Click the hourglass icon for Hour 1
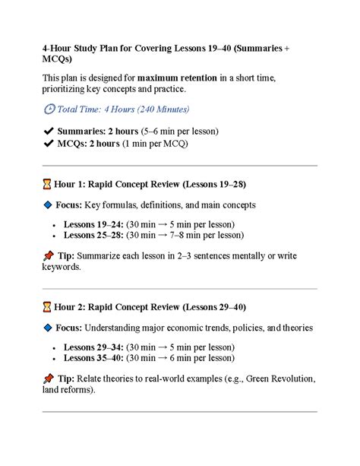(x=47, y=184)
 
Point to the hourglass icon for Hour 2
(x=47, y=307)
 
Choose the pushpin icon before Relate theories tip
(x=48, y=378)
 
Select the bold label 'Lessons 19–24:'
(x=94, y=224)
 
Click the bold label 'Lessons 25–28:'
(x=94, y=236)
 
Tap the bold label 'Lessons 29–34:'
(x=94, y=347)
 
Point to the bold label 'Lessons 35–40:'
(x=94, y=359)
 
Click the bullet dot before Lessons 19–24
(x=55, y=225)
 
